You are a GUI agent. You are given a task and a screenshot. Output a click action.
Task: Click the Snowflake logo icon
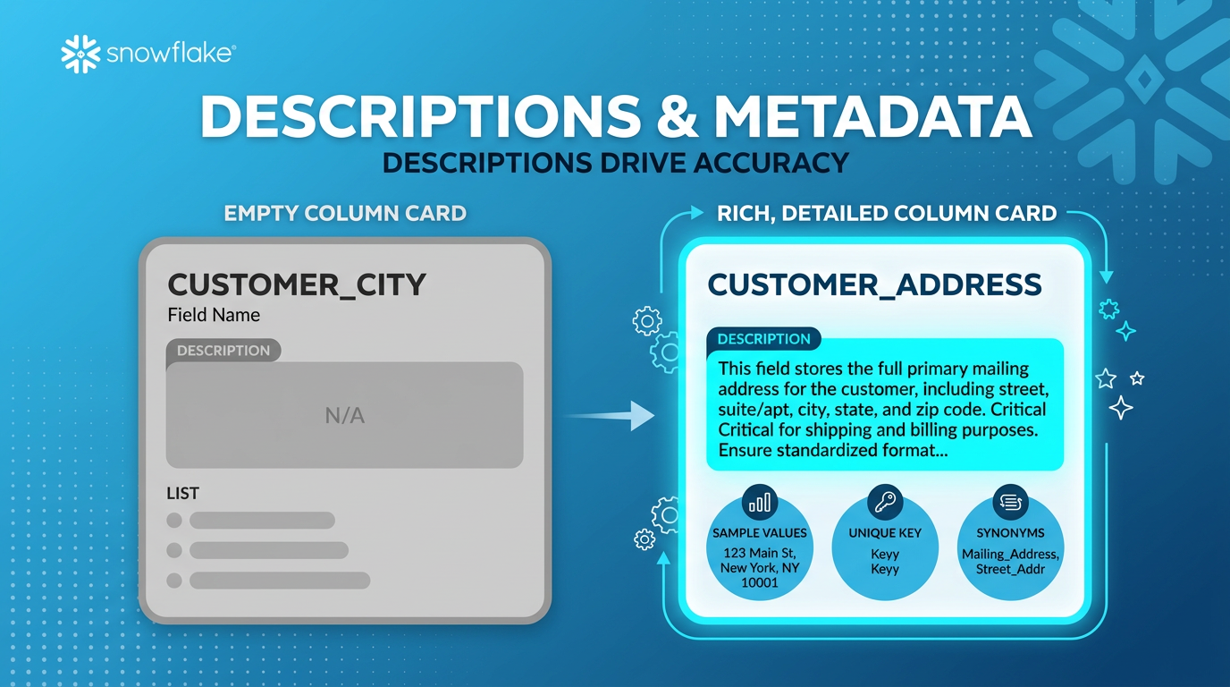[80, 54]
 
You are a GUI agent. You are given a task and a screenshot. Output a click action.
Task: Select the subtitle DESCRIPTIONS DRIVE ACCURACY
[615, 162]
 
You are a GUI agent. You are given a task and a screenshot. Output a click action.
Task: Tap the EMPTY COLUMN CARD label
[345, 214]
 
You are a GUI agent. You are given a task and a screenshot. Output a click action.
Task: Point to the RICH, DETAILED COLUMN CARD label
[887, 214]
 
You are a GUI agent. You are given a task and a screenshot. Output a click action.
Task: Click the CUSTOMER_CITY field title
[297, 284]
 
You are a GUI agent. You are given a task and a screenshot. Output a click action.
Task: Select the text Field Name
[214, 315]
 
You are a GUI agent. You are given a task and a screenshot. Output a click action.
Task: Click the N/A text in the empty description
[344, 415]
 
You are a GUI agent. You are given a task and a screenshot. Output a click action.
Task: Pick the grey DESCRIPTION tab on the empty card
[223, 351]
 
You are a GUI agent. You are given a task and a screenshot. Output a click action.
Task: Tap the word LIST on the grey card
[182, 493]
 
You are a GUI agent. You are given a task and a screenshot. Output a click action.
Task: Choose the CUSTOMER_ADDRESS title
[874, 284]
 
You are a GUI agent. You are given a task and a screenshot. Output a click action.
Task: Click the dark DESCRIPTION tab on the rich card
[763, 339]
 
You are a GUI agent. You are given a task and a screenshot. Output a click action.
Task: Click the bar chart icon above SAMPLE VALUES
[760, 504]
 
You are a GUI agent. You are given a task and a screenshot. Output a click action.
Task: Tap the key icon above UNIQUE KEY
[885, 503]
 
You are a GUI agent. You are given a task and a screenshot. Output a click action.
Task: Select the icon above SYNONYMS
[1010, 503]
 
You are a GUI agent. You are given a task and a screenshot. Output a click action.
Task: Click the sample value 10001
[760, 582]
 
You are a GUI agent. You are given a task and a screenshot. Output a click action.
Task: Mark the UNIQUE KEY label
[885, 533]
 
